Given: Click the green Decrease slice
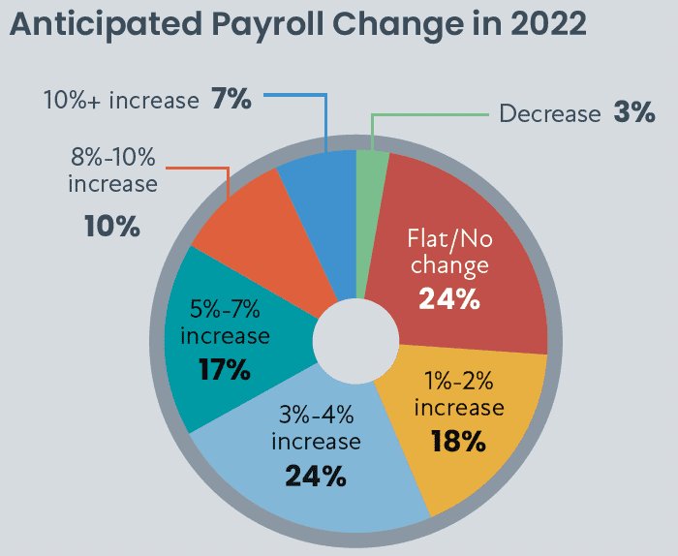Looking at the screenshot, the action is (369, 216).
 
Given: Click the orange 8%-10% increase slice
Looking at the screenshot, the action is (263, 242).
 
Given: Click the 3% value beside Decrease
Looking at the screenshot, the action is (633, 112).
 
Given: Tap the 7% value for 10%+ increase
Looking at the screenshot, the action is (231, 99).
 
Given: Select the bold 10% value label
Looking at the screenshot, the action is (112, 226).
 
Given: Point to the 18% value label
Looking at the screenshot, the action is (458, 441).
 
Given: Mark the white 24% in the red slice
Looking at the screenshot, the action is (449, 298).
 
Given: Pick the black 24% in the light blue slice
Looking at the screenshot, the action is (316, 476).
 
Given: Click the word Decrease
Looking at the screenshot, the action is (550, 113).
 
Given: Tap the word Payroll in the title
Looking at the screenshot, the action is (267, 25).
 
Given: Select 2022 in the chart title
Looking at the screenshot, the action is (548, 24).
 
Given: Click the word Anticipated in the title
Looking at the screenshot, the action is (106, 25).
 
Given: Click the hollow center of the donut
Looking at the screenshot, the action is (355, 341).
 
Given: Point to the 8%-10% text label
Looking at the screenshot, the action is (113, 157).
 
